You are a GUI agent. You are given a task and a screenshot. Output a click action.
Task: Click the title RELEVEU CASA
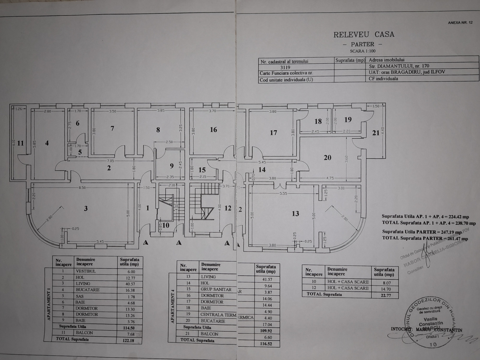point(364,34)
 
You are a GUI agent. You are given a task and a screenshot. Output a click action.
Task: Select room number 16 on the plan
point(213,130)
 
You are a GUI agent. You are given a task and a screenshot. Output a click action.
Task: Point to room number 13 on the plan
point(295,214)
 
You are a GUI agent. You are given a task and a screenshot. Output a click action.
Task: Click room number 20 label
point(327,158)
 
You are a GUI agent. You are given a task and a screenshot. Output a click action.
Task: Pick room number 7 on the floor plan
point(112,128)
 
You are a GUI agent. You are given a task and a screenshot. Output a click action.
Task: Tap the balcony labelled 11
point(20,143)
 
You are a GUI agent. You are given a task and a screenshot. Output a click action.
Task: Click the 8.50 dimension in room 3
point(82,187)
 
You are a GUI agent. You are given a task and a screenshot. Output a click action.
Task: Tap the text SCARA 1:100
point(362,51)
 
